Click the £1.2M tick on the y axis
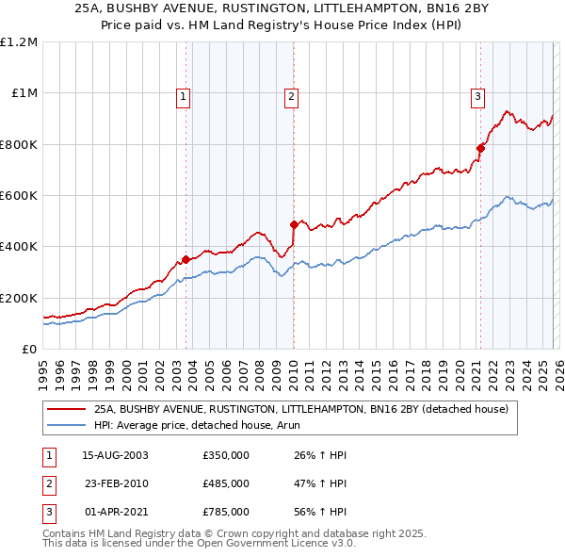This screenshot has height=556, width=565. tap(19, 42)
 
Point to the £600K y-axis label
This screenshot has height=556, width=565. tap(19, 196)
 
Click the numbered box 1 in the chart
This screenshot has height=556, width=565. tap(182, 95)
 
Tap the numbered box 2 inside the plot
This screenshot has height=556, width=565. tap(292, 95)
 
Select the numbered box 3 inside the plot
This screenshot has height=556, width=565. tap(477, 95)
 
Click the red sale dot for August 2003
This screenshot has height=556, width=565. tap(186, 259)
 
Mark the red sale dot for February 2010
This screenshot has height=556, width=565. tap(294, 224)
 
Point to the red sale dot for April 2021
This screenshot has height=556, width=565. tap(480, 148)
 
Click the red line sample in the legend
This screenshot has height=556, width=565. tap(66, 409)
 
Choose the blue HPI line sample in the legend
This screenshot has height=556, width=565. tap(66, 425)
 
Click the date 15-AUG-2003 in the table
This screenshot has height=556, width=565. tap(115, 455)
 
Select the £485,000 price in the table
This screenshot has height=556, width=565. tap(226, 483)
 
